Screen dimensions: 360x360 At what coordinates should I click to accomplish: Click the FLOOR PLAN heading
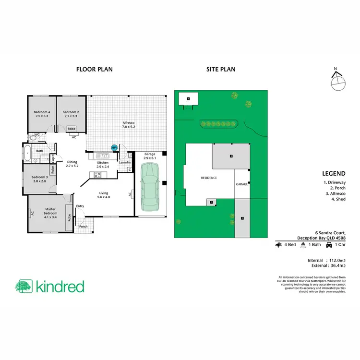(95, 69)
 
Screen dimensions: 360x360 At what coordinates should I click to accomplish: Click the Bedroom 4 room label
(42, 114)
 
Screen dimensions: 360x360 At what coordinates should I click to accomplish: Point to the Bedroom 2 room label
(71, 114)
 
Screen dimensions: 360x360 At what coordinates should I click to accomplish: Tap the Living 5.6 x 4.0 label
(104, 194)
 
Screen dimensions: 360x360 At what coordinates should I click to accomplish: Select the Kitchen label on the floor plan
(103, 165)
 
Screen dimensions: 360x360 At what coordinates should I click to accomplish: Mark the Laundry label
(125, 162)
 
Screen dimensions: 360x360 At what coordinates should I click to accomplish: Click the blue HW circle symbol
(114, 148)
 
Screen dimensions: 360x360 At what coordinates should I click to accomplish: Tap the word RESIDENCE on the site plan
(209, 178)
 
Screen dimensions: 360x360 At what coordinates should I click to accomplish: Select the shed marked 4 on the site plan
(189, 99)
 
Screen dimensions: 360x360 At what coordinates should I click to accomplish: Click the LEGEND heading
(335, 174)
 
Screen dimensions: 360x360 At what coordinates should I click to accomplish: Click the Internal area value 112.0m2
(335, 260)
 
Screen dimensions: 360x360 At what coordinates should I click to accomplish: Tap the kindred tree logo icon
(24, 287)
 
